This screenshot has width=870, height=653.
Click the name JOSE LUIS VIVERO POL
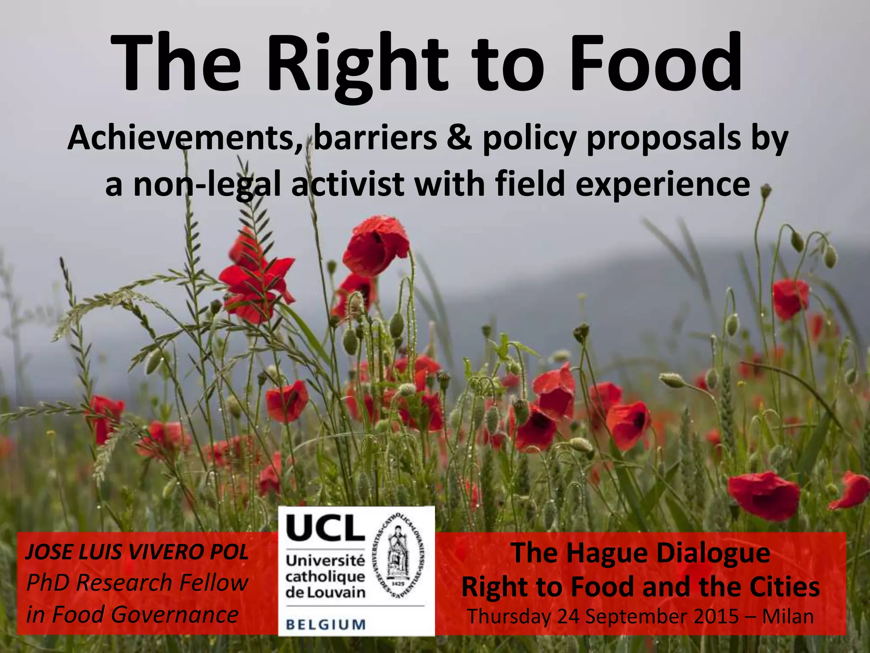pos(137,552)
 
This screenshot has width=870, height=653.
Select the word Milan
pos(788,616)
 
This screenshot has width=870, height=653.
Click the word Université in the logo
pos(325,560)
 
